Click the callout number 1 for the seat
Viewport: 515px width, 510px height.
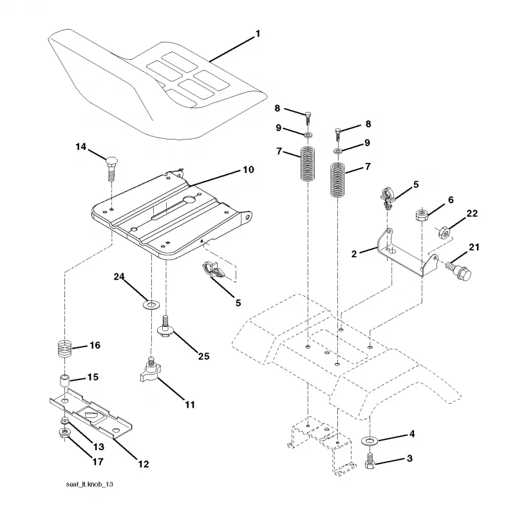(x=258, y=34)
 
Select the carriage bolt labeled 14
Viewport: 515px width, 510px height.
(x=111, y=168)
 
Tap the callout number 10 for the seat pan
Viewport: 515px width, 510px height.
(x=248, y=170)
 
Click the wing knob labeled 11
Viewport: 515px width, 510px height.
(x=150, y=370)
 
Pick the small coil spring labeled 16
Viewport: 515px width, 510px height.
(x=65, y=349)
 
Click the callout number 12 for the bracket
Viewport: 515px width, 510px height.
(x=144, y=464)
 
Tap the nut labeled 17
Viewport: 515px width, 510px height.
(x=64, y=433)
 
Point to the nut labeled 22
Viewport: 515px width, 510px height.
(x=445, y=232)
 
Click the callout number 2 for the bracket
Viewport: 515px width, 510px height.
(x=353, y=254)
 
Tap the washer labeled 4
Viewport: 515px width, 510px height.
(x=370, y=440)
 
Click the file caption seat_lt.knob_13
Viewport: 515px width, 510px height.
(x=89, y=484)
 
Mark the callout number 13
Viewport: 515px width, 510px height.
(x=98, y=447)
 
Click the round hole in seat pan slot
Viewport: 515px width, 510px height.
(x=189, y=199)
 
